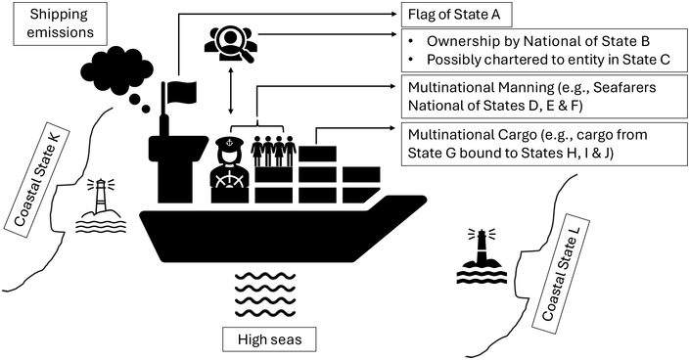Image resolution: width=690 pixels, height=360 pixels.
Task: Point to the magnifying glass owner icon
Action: pos(231,41)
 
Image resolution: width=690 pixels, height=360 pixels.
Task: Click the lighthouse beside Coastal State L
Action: pos(480,255)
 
